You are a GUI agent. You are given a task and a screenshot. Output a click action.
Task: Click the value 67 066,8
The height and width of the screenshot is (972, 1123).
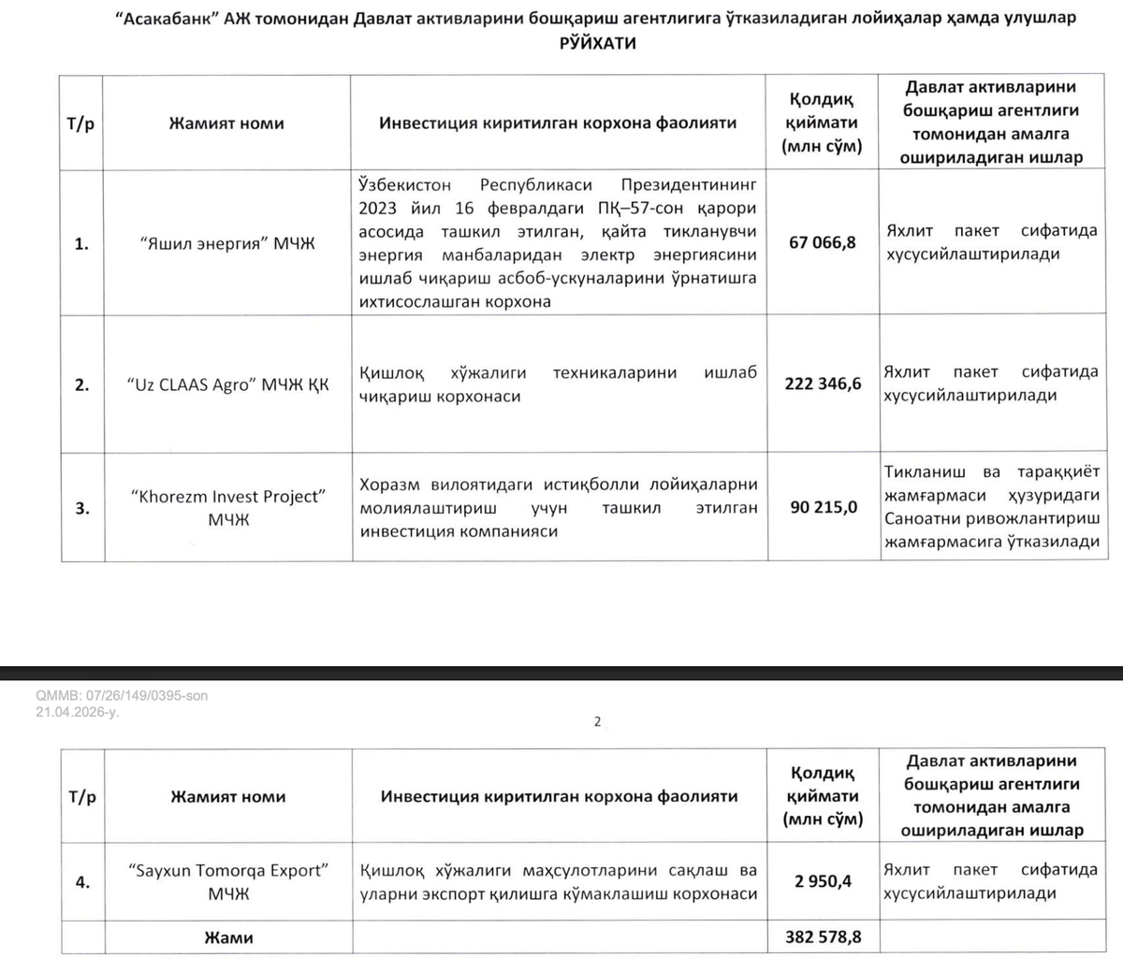coord(823,243)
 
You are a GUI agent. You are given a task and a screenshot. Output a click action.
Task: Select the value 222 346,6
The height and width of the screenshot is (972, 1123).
coord(823,384)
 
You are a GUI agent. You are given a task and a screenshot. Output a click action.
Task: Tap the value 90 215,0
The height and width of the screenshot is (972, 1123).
coord(823,508)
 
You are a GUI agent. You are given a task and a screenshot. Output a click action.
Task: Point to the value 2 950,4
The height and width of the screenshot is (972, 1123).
coord(823,881)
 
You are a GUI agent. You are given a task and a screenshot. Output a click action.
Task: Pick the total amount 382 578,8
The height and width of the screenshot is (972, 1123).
coord(823,936)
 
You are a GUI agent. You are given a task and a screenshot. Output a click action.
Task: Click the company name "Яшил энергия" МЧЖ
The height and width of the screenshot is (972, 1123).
coord(227,244)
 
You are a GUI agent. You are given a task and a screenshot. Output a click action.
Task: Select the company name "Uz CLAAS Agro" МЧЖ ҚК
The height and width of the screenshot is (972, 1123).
coord(227,384)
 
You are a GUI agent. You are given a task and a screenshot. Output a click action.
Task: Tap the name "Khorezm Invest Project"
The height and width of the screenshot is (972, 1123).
coord(227,496)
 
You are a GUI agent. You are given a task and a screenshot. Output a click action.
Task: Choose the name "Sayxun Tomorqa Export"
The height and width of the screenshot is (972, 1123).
coord(227,870)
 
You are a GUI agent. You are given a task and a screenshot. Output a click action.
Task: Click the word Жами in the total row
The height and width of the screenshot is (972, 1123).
coord(228,937)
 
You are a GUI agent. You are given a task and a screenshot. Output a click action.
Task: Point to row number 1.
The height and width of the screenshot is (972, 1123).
coord(81,244)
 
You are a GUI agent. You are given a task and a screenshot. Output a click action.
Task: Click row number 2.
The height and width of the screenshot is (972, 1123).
coord(81,384)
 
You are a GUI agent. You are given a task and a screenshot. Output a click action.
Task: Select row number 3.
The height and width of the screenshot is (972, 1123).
coord(81,508)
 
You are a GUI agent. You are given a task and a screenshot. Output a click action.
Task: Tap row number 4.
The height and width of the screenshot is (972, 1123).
coord(82,882)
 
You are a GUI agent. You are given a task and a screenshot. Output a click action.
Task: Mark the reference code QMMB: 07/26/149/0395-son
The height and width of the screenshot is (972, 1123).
coord(122,695)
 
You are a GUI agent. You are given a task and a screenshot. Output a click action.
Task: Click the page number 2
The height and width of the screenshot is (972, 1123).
coord(597,721)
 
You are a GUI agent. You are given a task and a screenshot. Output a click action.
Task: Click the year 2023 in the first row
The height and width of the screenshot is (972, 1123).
coord(377,208)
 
